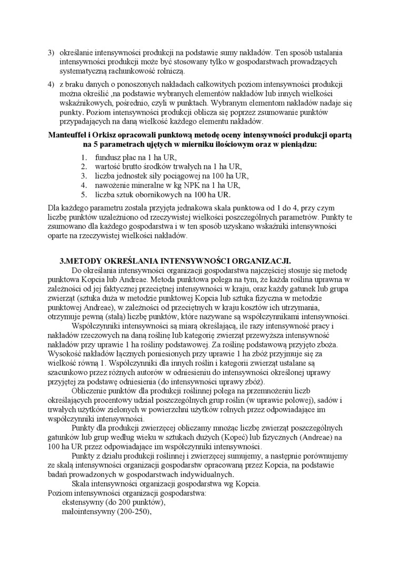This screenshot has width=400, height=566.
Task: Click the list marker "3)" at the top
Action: pyautogui.click(x=51, y=53)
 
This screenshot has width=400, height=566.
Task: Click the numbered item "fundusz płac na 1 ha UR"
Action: pyautogui.click(x=136, y=157)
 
